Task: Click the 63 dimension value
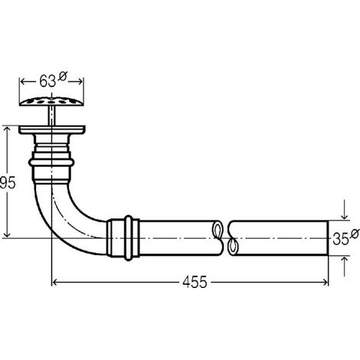(47, 81)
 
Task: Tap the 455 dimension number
(195, 282)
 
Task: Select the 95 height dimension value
(8, 182)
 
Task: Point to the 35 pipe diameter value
(341, 239)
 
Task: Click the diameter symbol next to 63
(62, 77)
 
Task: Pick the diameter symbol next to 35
(355, 234)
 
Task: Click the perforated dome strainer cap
(51, 101)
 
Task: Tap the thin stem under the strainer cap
(51, 116)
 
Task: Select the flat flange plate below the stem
(52, 129)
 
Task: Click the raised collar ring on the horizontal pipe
(129, 238)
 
